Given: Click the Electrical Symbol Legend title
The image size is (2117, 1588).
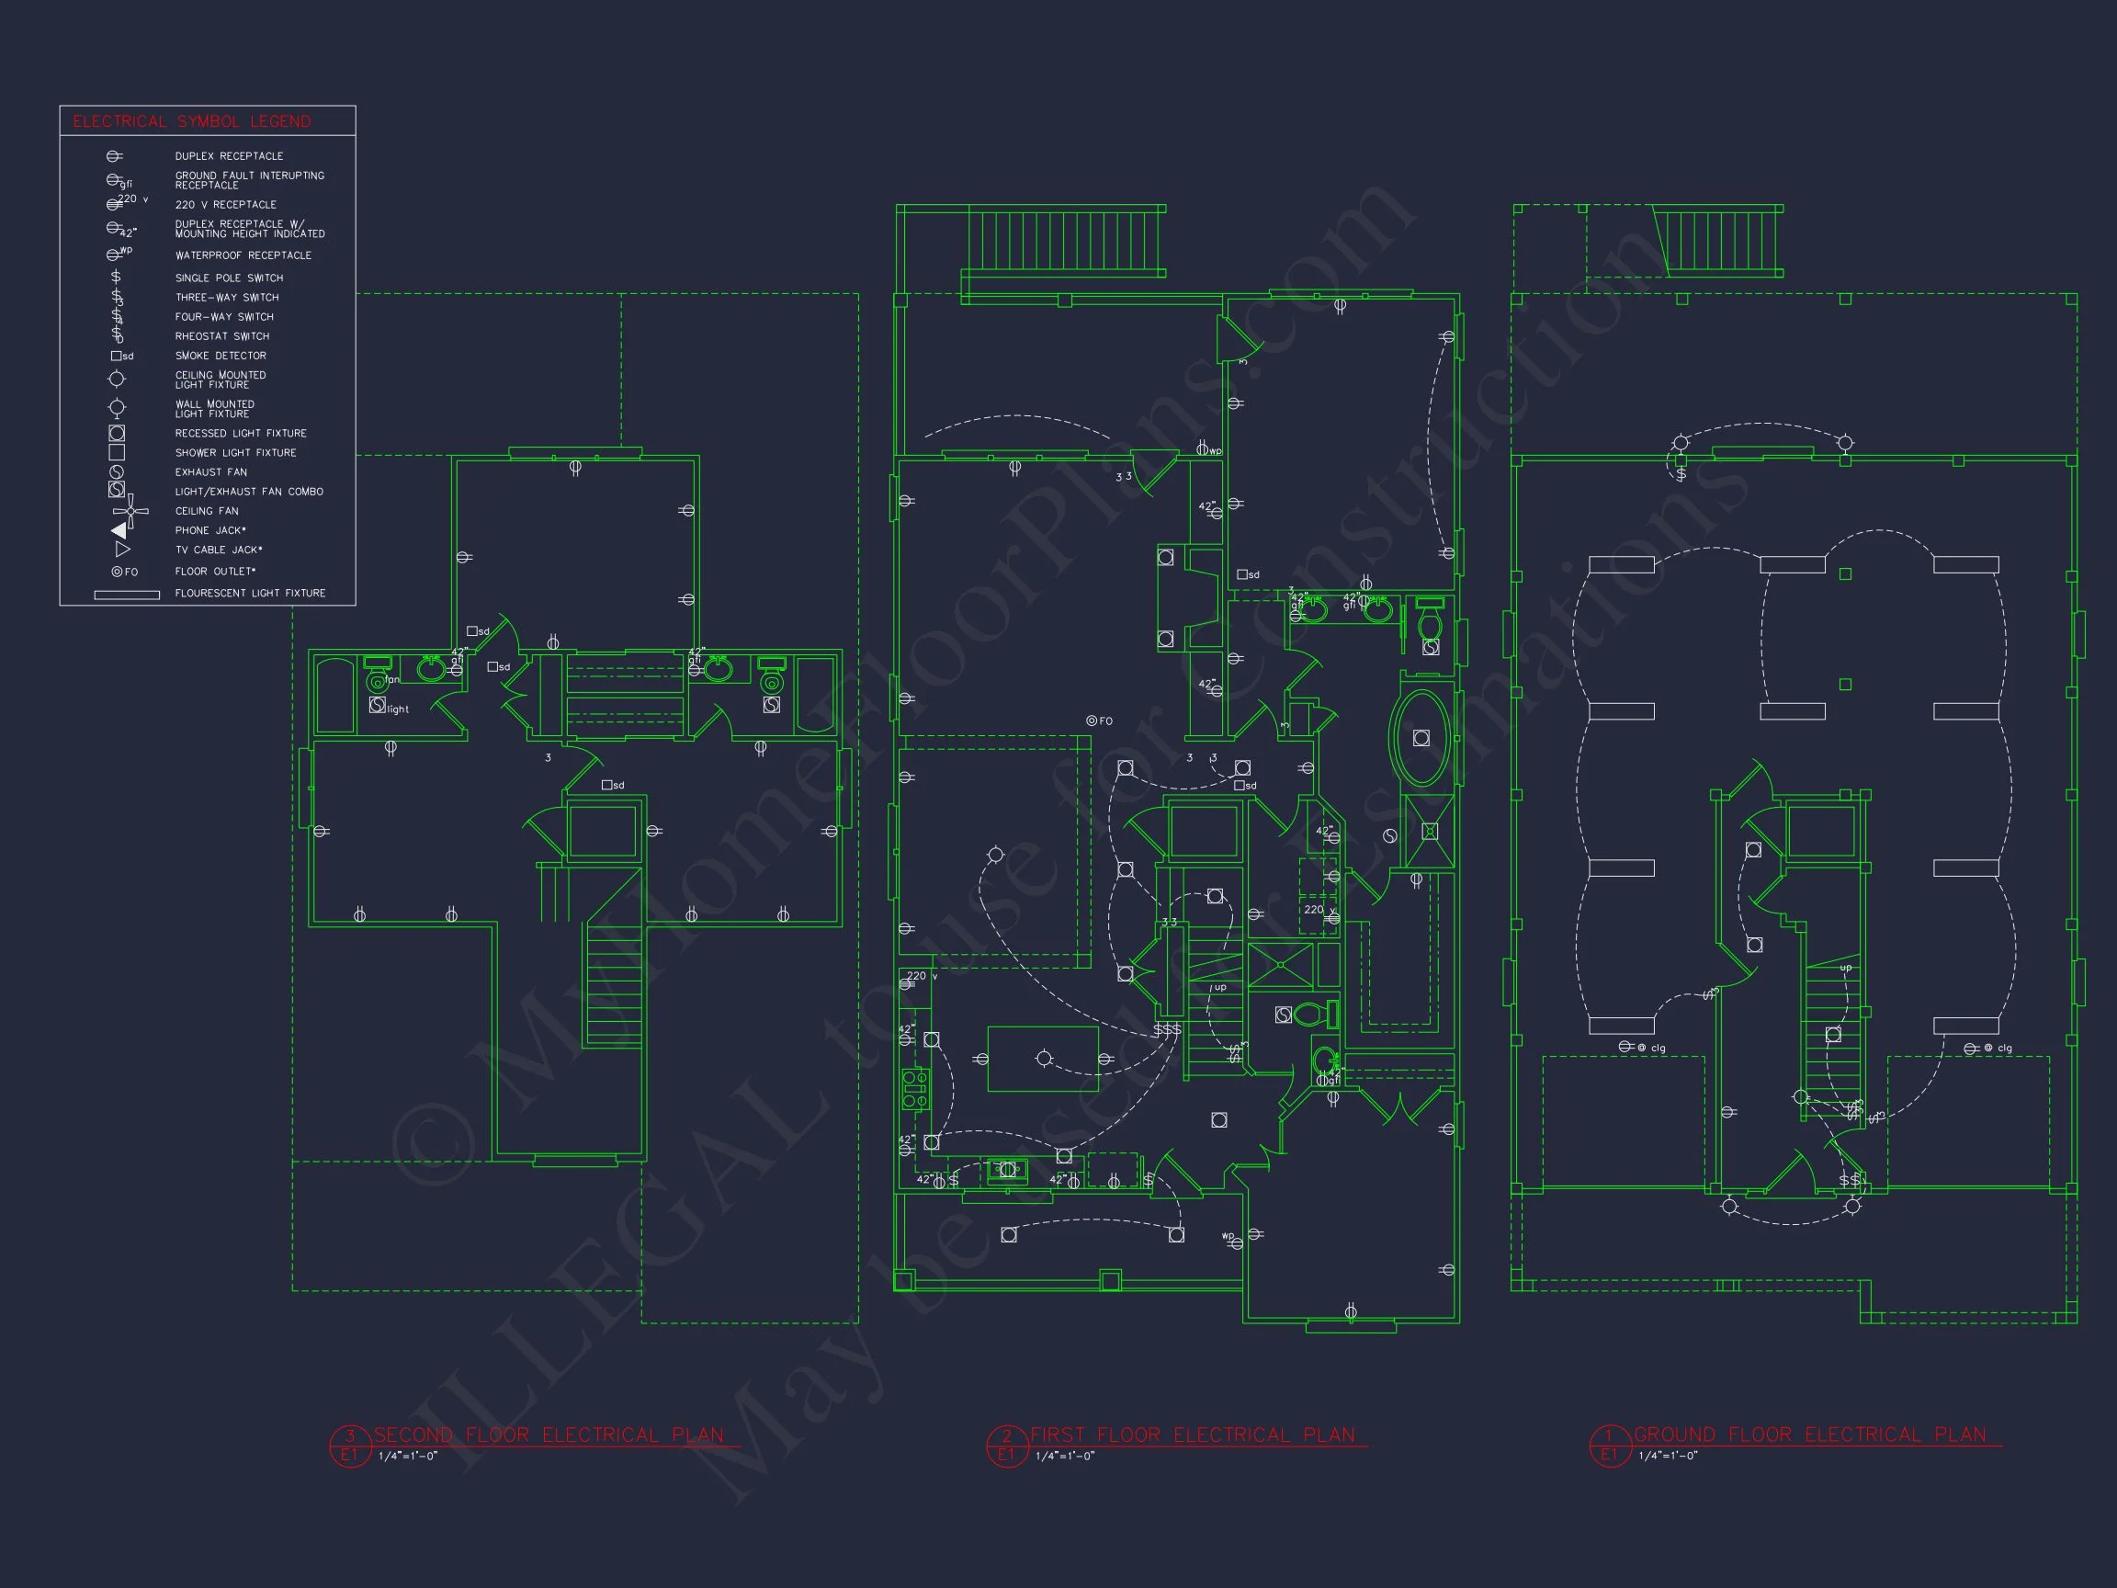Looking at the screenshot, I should click(x=191, y=121).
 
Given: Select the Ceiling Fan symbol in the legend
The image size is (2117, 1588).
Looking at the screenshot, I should click(x=130, y=511).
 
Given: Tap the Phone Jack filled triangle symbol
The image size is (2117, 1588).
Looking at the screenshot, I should click(x=119, y=530).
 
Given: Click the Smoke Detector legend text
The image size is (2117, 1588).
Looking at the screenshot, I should click(x=221, y=356).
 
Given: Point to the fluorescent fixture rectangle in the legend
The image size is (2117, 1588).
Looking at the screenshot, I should click(x=126, y=595).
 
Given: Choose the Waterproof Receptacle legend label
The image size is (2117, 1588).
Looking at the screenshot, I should click(x=243, y=255).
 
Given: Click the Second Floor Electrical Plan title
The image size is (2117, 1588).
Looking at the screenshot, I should click(x=549, y=1435).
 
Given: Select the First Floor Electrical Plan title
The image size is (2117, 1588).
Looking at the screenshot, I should click(x=1193, y=1435).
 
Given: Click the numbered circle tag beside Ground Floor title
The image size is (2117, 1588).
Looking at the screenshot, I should click(x=1609, y=1446).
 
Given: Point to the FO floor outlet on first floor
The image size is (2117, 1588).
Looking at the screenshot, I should click(x=1092, y=720).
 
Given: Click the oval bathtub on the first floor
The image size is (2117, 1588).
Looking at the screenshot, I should click(x=1421, y=738).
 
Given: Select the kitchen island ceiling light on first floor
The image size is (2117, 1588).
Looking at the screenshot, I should click(x=1043, y=1058).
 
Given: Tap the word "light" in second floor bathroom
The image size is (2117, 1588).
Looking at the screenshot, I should click(x=398, y=709).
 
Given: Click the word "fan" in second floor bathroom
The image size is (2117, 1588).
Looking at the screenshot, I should click(x=391, y=680).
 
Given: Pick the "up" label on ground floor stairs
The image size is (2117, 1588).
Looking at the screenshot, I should click(x=1846, y=968).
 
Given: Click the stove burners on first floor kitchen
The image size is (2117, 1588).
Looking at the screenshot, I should click(x=915, y=1089).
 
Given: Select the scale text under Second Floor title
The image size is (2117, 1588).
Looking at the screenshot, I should click(x=408, y=1457).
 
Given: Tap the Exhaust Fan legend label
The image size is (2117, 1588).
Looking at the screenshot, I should click(x=210, y=472).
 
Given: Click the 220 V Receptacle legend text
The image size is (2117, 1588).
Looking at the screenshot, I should click(x=225, y=205).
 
